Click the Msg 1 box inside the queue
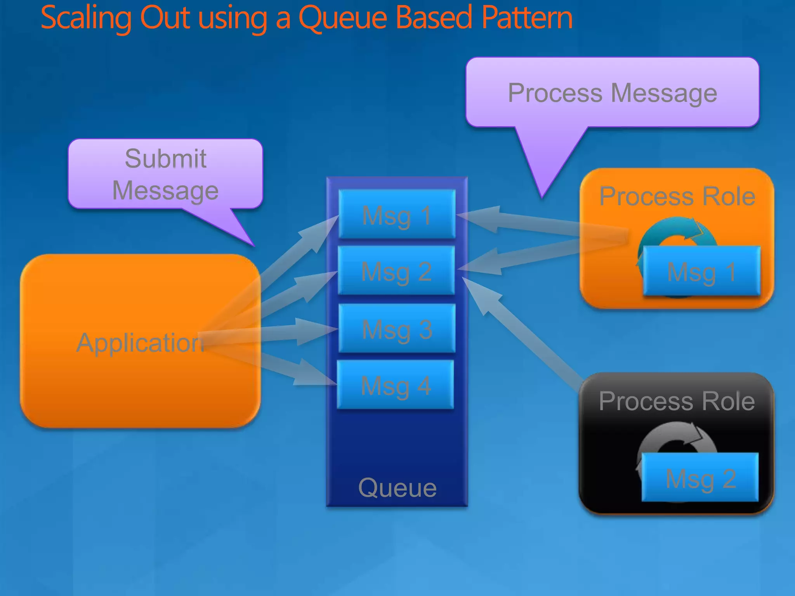397,214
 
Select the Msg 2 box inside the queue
396,270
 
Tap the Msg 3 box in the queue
397,328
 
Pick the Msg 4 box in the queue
395,385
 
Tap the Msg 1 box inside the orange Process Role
701,271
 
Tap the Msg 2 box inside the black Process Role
700,478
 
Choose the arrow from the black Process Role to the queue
520,330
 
